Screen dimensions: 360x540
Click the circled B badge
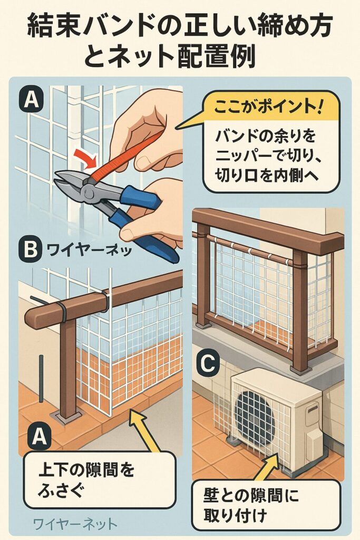click(x=31, y=249)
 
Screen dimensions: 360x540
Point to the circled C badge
click(x=208, y=364)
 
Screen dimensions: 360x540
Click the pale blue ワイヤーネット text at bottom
click(x=75, y=524)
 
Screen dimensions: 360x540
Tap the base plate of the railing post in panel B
click(x=66, y=417)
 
